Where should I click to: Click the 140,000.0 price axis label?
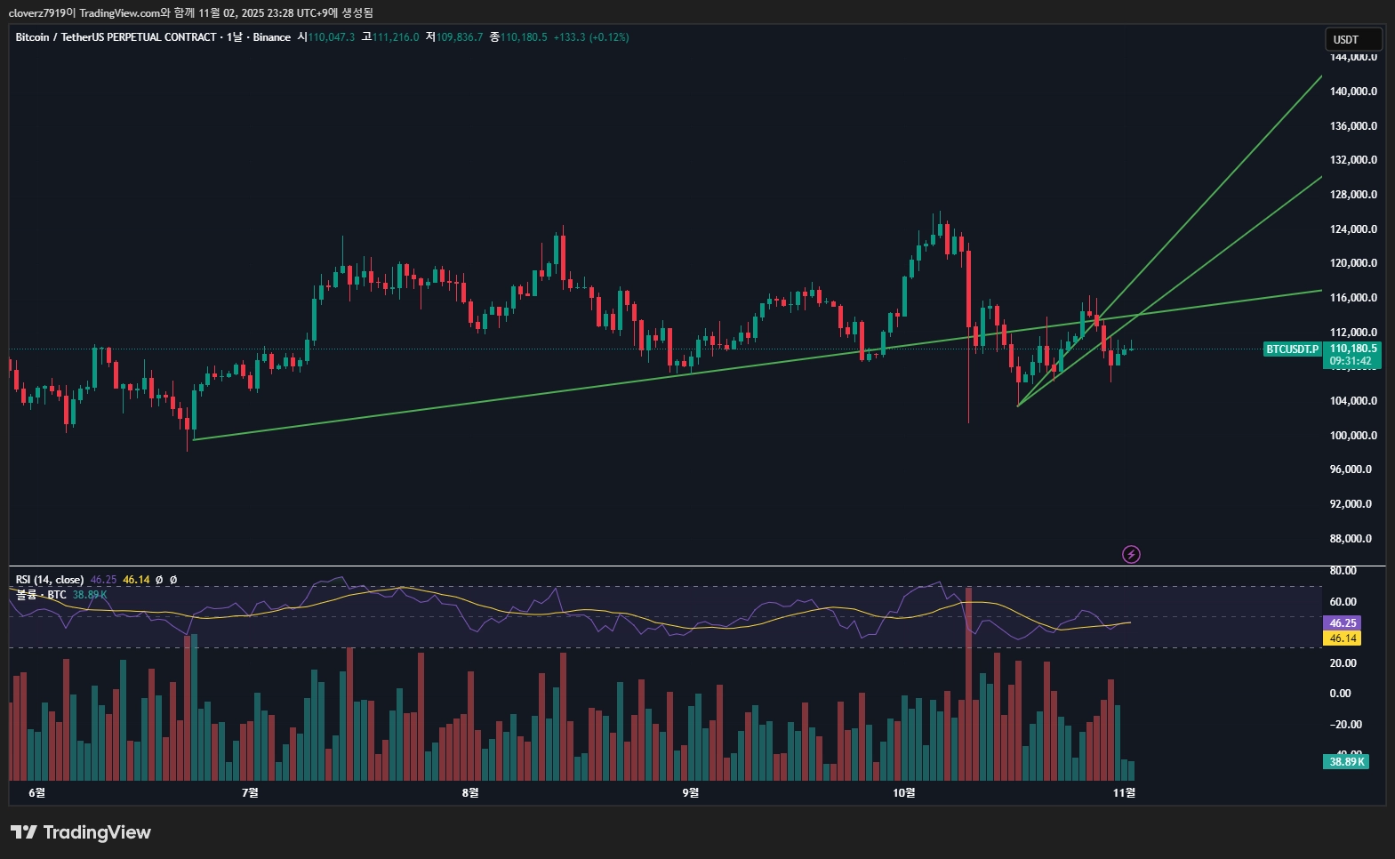point(1353,92)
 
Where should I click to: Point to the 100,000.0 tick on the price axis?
point(1353,436)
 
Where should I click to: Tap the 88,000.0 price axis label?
point(1351,539)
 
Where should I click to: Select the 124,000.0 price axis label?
point(1353,229)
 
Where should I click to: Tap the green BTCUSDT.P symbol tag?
point(1292,349)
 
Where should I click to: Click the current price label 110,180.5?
point(1353,349)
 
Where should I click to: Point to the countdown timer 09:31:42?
point(1351,361)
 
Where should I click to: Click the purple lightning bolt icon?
point(1131,555)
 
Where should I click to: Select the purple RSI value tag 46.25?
point(1343,623)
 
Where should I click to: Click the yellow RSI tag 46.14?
point(1343,638)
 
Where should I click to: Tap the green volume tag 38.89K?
point(1347,762)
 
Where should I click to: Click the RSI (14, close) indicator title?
point(50,580)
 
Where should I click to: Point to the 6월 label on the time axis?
point(36,792)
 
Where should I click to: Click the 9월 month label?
point(691,792)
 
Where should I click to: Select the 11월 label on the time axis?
point(1124,792)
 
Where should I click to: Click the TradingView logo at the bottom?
point(81,832)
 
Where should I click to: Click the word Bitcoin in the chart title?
point(32,37)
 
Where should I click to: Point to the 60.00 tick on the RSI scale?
point(1343,602)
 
